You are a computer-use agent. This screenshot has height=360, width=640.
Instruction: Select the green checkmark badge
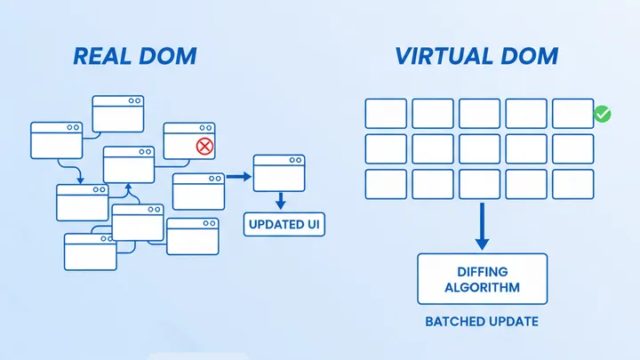602,115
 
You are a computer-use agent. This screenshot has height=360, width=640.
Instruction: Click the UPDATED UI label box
284,224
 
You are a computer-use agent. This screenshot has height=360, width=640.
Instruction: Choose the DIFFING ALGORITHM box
483,278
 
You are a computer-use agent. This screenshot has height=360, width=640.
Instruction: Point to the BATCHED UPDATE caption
483,321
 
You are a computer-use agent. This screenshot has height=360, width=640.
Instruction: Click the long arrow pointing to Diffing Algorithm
482,226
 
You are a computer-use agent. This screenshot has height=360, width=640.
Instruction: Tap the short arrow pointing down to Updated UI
280,200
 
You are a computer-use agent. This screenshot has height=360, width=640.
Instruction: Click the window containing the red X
189,140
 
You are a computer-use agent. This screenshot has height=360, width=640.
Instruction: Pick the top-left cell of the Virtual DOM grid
386,113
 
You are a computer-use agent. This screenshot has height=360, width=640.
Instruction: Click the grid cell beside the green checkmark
572,113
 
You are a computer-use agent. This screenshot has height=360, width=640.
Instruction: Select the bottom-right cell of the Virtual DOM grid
572,184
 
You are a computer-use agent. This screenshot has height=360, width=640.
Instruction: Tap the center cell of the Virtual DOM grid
479,148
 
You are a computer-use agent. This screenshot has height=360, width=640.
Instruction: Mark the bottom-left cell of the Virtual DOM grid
386,184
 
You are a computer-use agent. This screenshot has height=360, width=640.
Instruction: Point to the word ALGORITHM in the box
483,288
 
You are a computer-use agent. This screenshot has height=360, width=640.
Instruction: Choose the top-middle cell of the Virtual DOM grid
479,113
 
